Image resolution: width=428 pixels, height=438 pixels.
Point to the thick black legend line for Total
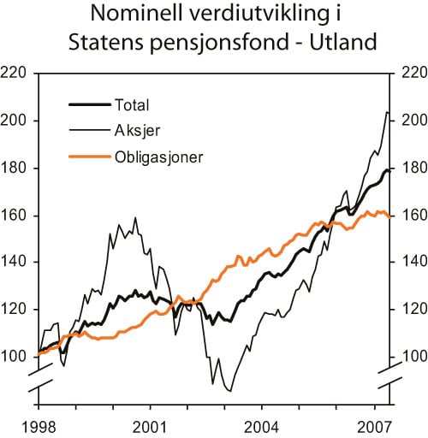pos(88,105)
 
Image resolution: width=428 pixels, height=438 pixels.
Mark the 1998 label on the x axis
pos(39,424)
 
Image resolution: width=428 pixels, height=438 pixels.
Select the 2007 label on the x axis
pos(374,424)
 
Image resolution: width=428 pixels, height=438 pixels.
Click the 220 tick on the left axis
pos(16,74)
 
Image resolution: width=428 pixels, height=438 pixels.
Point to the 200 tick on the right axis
pos(407,121)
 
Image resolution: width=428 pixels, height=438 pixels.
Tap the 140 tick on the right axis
pos(407,262)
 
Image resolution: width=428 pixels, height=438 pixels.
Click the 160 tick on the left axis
pos(16,215)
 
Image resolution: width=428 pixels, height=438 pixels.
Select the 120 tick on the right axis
pos(407,310)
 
